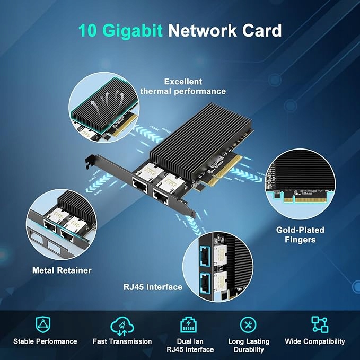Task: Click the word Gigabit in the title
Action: pos(132,30)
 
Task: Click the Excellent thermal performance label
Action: pos(183,86)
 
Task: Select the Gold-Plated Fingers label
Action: pos(300,235)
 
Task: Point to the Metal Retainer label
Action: pos(62,270)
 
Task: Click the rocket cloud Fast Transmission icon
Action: pos(122,324)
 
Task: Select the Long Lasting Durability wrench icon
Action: pos(248,324)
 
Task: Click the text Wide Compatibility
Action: pos(314,341)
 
